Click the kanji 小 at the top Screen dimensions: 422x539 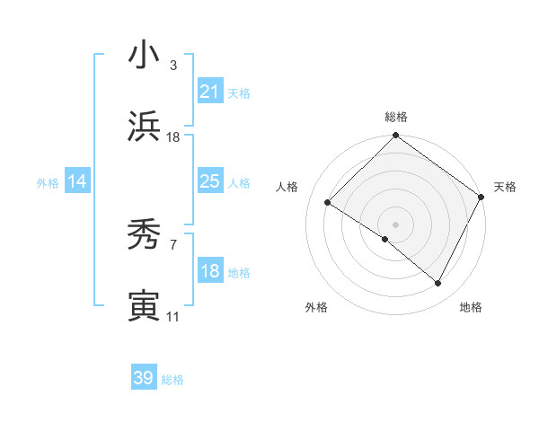coord(144,56)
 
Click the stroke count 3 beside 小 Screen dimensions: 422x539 coord(173,66)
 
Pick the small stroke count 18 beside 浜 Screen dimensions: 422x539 coord(173,137)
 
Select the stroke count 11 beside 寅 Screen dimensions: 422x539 coord(173,317)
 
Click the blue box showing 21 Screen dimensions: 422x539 coord(210,92)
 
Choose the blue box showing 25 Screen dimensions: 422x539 coord(210,181)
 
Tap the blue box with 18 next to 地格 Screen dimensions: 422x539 coord(210,271)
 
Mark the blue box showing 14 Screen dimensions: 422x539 coord(77,181)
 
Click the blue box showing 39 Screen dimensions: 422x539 coord(144,378)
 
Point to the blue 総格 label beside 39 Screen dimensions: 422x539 coord(172,380)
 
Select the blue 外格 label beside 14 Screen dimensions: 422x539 coord(48,183)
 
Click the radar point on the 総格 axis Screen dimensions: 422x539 coord(395,136)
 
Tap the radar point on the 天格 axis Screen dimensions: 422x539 coord(482,197)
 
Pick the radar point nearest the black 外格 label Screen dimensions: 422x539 coord(385,239)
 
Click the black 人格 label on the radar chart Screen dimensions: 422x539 coord(287,187)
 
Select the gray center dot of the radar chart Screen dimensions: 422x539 coord(395,224)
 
